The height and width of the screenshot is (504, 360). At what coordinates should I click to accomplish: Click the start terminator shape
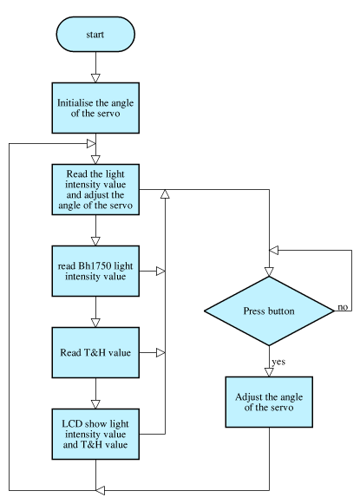(x=95, y=34)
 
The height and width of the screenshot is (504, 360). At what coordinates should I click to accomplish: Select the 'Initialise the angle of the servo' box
(x=95, y=108)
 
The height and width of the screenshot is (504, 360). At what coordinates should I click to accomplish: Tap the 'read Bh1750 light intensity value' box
(x=95, y=271)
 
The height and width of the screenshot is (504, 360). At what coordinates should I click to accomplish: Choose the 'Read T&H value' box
(x=95, y=352)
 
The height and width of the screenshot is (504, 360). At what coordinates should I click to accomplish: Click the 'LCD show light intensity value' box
(x=95, y=434)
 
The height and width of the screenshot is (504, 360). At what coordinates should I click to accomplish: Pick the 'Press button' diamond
(x=269, y=311)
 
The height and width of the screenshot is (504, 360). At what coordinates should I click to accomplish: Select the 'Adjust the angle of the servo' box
(x=269, y=402)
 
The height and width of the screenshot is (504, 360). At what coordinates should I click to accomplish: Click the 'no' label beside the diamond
(x=343, y=307)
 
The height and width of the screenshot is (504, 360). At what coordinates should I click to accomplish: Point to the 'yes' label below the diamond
(x=278, y=362)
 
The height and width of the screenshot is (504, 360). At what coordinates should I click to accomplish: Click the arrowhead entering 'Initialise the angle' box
(x=95, y=78)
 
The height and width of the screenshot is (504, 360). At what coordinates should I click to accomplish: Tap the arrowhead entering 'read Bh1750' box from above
(x=95, y=241)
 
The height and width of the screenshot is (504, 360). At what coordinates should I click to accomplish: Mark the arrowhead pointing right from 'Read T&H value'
(x=160, y=352)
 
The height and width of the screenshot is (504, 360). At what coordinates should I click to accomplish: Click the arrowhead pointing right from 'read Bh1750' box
(x=160, y=271)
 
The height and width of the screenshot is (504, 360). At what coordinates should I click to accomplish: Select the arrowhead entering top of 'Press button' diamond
(x=269, y=272)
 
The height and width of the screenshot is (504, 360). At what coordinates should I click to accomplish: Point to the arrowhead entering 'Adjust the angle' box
(x=269, y=372)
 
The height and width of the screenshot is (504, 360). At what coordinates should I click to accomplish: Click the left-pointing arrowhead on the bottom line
(x=101, y=490)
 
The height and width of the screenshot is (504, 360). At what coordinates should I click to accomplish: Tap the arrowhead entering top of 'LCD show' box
(x=95, y=404)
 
